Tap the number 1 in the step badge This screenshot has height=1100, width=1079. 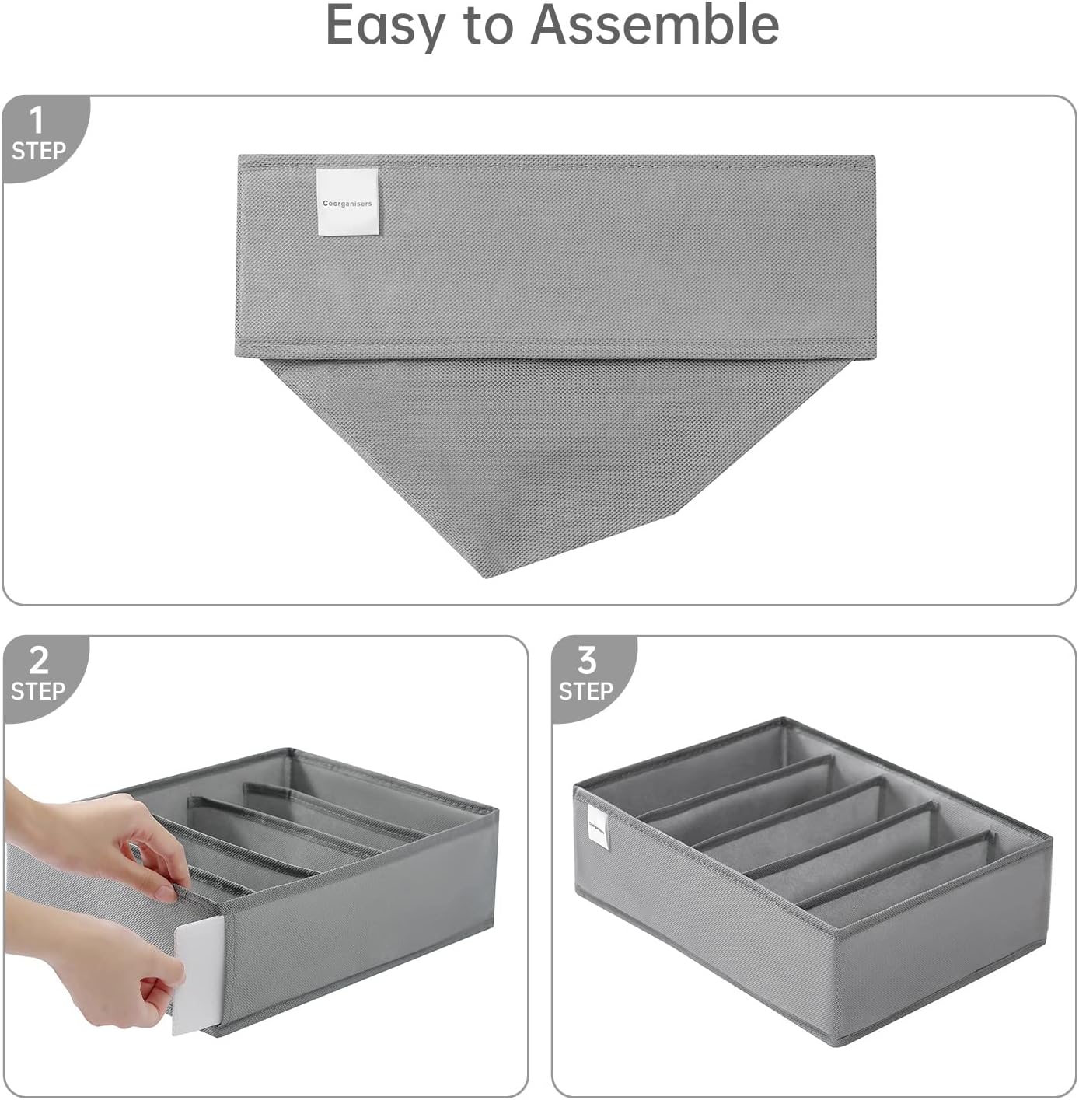tap(36, 121)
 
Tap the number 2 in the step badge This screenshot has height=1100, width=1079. tap(38, 661)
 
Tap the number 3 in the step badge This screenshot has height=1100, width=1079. tap(586, 661)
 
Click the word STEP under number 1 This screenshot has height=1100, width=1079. tap(38, 151)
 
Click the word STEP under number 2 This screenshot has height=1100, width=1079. tap(38, 691)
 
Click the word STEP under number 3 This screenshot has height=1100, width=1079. tap(586, 691)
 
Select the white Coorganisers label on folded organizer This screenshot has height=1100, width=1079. tap(347, 202)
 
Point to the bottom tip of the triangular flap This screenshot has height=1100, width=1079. tap(487, 576)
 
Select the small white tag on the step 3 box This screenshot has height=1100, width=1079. tap(599, 827)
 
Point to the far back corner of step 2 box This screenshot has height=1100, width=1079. tap(292, 751)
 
